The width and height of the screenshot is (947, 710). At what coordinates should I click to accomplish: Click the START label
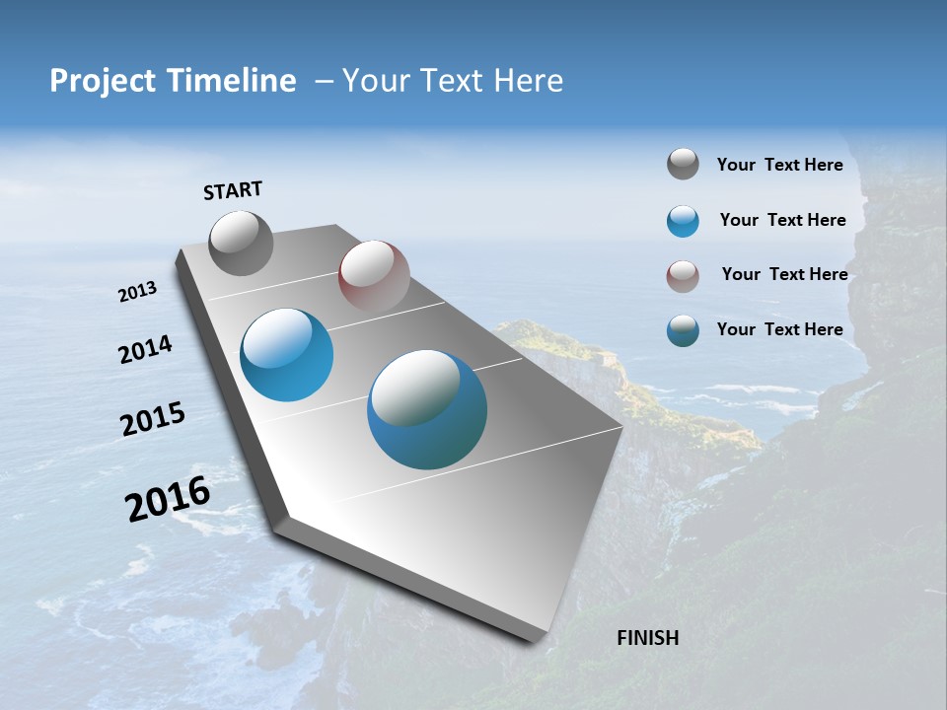pyautogui.click(x=233, y=190)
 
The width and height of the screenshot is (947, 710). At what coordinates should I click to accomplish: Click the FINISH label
pyautogui.click(x=648, y=638)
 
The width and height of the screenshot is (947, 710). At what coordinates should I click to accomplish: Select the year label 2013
pyautogui.click(x=138, y=292)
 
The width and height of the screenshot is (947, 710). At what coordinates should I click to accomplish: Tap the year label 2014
pyautogui.click(x=145, y=350)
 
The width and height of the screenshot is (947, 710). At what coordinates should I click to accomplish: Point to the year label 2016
pyautogui.click(x=169, y=499)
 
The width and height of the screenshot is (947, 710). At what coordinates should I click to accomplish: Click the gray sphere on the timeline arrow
pyautogui.click(x=241, y=243)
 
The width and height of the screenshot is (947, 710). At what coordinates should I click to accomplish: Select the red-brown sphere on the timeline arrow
pyautogui.click(x=374, y=275)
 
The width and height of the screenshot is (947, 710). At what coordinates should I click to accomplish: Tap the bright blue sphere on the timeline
pyautogui.click(x=287, y=355)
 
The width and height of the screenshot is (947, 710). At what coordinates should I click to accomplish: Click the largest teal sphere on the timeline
pyautogui.click(x=427, y=409)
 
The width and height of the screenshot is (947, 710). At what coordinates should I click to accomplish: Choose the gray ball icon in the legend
pyautogui.click(x=683, y=165)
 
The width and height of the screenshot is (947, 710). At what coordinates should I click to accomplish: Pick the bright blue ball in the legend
pyautogui.click(x=683, y=221)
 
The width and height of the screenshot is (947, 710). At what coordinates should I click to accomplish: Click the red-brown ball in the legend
pyautogui.click(x=683, y=276)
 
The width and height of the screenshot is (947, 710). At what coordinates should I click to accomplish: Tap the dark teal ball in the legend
pyautogui.click(x=683, y=330)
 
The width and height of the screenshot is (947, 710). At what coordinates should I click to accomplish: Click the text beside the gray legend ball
pyautogui.click(x=779, y=165)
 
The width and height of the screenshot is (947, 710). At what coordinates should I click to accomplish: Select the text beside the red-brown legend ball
pyautogui.click(x=784, y=274)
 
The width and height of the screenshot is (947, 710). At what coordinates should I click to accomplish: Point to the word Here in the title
pyautogui.click(x=528, y=81)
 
